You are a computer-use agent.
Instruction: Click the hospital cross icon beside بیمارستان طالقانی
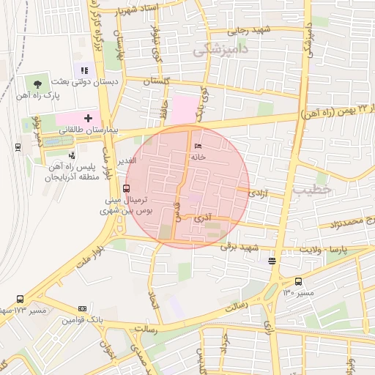pyautogui.click(x=88, y=117)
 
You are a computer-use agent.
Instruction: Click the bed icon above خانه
pyautogui.click(x=198, y=146)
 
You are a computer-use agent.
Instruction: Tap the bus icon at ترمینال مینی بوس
pyautogui.click(x=127, y=188)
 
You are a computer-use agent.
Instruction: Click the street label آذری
pyautogui.click(x=202, y=218)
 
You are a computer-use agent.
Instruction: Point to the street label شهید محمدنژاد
pyautogui.click(x=346, y=220)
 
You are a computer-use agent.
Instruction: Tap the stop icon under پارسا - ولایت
pyautogui.click(x=272, y=261)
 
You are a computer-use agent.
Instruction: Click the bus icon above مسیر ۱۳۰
pyautogui.click(x=298, y=281)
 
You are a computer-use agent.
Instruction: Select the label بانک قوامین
pyautogui.click(x=82, y=320)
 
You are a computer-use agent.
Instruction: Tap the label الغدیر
pyautogui.click(x=127, y=160)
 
